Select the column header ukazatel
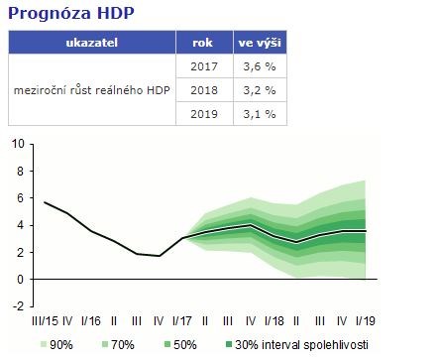tap(91, 44)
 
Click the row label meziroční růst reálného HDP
tap(91, 90)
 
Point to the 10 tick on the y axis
tap(18, 144)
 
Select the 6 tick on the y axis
tap(20, 198)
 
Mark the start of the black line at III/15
tap(46, 202)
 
